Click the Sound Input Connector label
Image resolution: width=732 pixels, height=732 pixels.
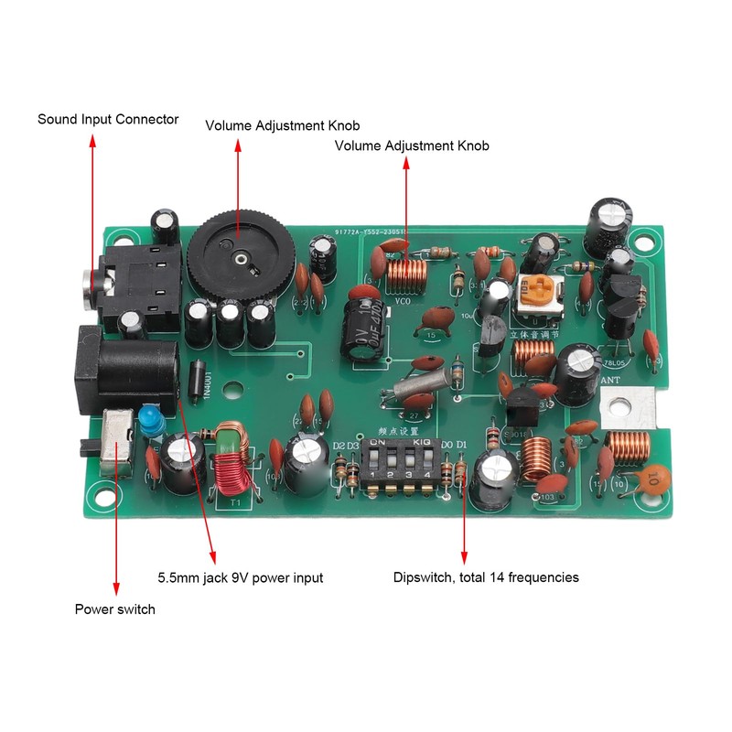108,120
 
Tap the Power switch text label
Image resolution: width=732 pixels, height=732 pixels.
115,609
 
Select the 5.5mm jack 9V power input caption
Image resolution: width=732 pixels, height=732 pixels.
241,577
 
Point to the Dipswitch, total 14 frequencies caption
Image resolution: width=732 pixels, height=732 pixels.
486,577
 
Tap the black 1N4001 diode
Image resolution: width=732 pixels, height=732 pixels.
195,378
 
